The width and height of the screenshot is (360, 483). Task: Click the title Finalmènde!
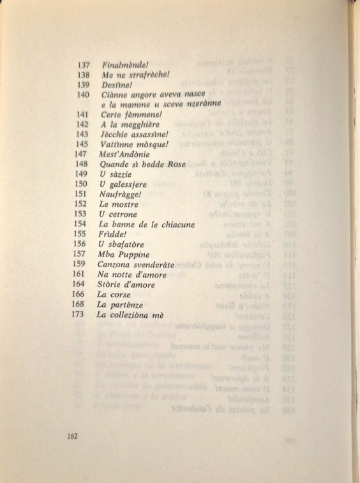tap(126, 65)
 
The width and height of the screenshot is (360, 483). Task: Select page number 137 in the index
tap(83, 65)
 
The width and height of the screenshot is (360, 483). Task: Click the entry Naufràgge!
tap(121, 194)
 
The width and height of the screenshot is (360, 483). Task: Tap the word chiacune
tap(176, 225)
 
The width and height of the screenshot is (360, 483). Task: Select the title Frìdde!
tap(113, 234)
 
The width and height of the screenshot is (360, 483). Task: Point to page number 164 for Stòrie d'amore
tap(79, 285)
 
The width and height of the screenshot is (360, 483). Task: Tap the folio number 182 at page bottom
tap(71, 436)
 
